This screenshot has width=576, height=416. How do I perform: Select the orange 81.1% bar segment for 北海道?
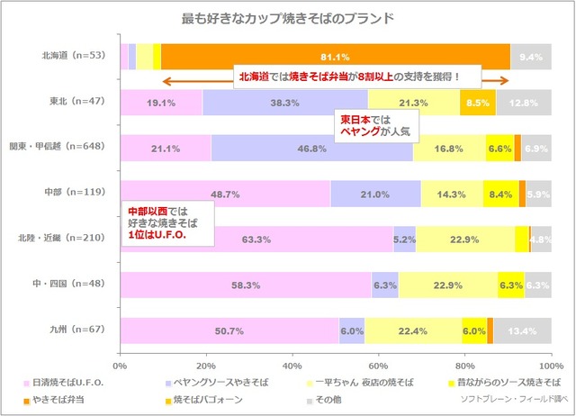335,56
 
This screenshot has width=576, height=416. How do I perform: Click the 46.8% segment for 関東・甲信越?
311,148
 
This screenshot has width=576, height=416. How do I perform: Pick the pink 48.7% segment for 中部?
225,194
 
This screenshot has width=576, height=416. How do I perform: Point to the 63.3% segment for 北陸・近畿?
256,240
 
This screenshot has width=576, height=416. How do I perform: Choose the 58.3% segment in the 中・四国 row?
246,285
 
